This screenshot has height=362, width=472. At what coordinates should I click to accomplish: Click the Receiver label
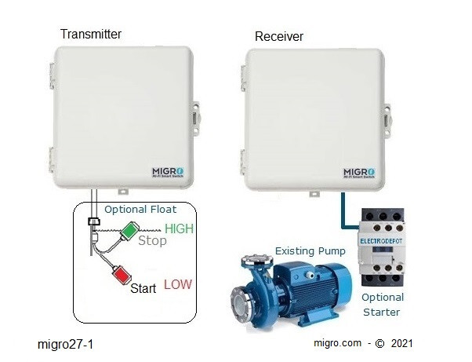pos(278,37)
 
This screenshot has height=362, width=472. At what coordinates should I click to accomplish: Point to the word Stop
pos(152,241)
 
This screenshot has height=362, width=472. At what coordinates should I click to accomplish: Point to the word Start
pos(144,290)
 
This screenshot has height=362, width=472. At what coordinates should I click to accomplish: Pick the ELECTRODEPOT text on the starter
pos(381,243)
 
